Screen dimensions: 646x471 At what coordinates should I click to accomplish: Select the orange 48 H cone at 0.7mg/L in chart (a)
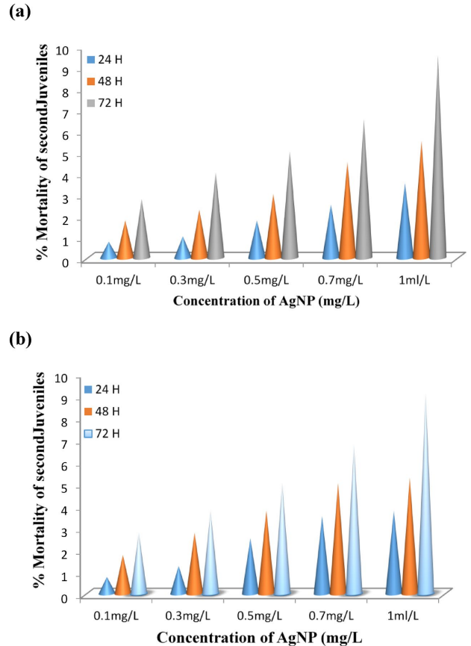347,224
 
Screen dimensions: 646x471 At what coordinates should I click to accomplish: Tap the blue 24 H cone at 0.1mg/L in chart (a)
109,252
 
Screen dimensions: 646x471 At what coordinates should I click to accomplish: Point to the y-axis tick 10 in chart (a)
65,50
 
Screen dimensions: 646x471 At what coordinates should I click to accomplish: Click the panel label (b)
19,341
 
